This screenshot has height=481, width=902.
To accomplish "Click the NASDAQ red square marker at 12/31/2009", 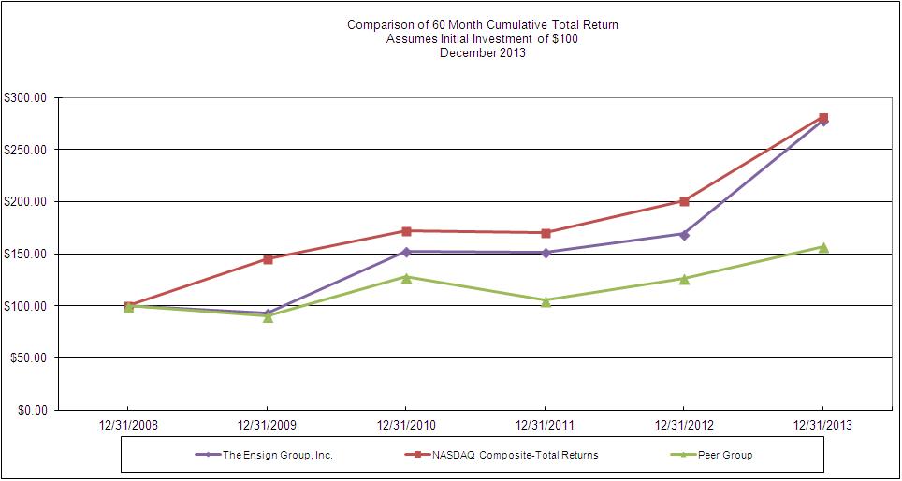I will tap(268, 259).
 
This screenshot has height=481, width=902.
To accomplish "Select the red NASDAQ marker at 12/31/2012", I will tap(684, 201).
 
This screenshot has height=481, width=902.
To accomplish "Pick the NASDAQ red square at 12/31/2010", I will tap(406, 231).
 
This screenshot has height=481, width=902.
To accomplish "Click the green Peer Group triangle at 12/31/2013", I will tap(823, 247).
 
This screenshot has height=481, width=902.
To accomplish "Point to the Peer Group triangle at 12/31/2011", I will tap(545, 300).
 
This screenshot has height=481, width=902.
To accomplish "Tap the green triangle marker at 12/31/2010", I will tap(406, 277).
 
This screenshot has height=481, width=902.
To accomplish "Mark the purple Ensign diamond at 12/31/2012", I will tap(684, 234).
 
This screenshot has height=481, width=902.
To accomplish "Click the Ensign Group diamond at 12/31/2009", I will tap(268, 313).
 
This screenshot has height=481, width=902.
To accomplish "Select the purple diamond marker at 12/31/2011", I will tap(545, 252).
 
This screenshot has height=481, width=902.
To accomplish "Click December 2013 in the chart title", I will tap(482, 53).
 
